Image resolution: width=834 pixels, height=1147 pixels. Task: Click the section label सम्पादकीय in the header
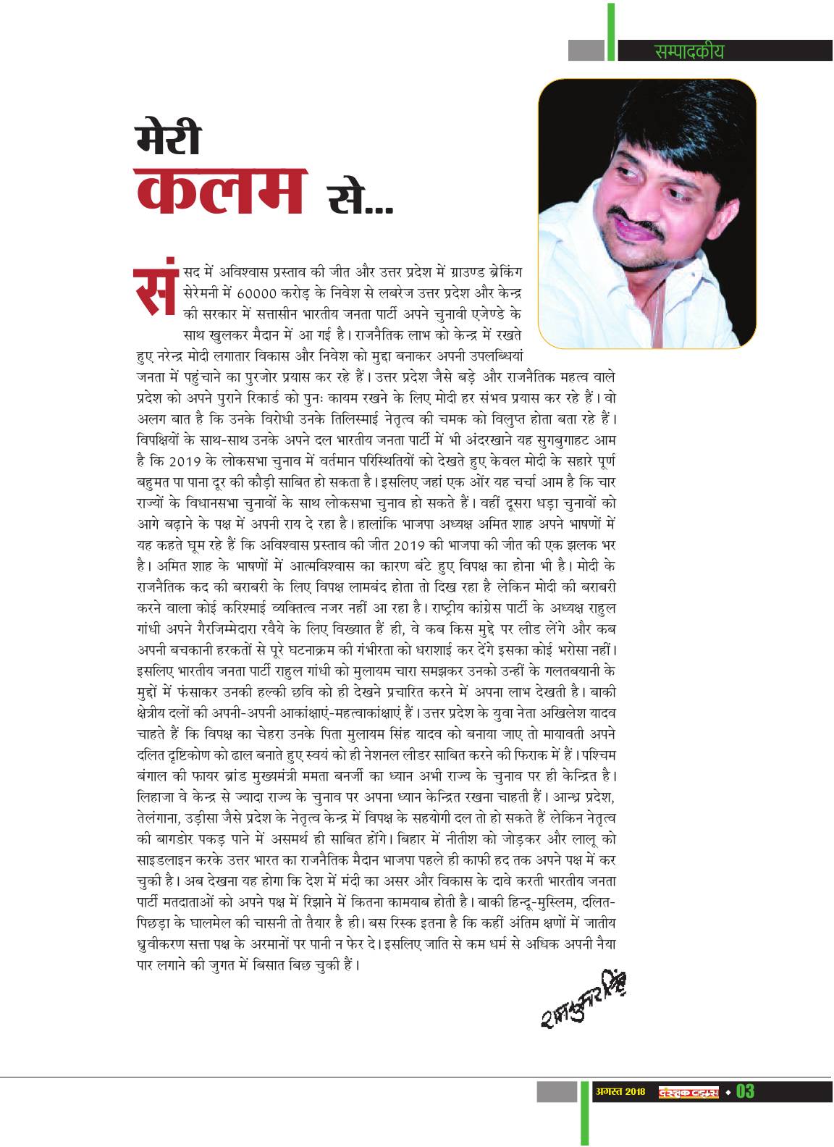pyautogui.click(x=688, y=51)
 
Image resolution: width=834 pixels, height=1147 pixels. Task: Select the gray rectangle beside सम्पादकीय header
pyautogui.click(x=586, y=51)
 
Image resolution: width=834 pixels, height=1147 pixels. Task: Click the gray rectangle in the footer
pyautogui.click(x=557, y=1091)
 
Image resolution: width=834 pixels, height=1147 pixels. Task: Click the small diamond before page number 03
pyautogui.click(x=728, y=1091)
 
